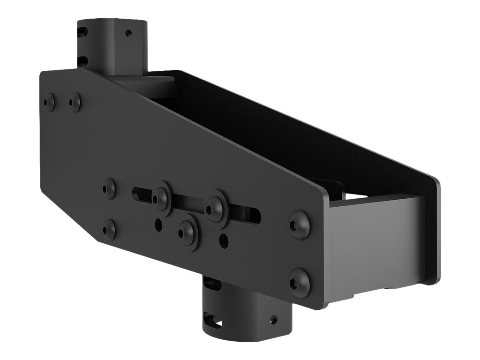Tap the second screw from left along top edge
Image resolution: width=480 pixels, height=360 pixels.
coord(75,102)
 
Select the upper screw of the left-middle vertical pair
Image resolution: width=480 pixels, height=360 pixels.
coord(109,188)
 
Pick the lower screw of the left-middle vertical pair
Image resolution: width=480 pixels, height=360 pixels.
coord(109,229)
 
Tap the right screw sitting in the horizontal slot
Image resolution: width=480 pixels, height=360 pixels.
coord(215,205)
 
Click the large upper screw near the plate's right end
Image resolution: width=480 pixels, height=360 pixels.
coord(299,225)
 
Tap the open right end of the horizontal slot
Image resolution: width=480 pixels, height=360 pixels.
coord(255,215)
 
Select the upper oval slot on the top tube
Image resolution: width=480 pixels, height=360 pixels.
coord(83,32)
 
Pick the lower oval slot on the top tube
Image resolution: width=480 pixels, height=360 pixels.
coord(83,60)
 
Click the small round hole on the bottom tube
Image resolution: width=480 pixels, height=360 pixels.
coord(273,320)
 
